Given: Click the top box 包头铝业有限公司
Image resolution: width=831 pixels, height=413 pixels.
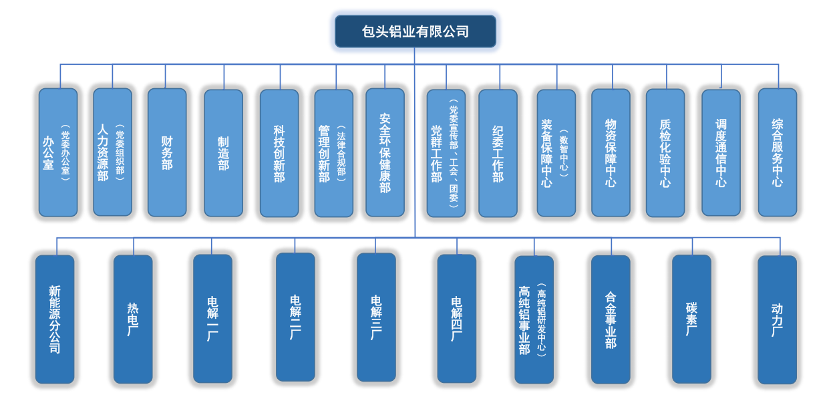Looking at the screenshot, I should [415, 31].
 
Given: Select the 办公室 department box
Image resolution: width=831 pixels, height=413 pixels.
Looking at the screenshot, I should [57, 152].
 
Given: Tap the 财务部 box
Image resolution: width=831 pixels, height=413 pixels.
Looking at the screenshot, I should [167, 152].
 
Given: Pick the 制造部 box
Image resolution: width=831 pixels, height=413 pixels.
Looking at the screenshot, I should [223, 152].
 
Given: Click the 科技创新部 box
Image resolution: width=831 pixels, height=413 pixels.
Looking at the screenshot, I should [279, 152].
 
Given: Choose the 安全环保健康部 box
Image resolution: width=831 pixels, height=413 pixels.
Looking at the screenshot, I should [385, 152].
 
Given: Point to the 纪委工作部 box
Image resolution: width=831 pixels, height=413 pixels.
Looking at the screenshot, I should [498, 153].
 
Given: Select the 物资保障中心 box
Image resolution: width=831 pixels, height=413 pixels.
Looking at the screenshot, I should [611, 153].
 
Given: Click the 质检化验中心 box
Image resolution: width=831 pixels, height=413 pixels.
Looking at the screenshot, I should [665, 153].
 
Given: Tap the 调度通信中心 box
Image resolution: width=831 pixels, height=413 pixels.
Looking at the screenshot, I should [721, 152].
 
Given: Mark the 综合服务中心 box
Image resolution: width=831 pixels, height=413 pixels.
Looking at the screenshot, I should [777, 152].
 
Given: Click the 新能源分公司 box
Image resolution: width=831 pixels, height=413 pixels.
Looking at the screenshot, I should [55, 319].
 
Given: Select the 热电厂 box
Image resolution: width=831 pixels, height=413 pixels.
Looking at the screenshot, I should [133, 319].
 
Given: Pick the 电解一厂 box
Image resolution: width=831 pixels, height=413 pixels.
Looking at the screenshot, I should [212, 318].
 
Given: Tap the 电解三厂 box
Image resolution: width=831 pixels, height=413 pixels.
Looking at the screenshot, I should [376, 317].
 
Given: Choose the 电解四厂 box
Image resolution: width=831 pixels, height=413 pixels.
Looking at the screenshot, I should [457, 318].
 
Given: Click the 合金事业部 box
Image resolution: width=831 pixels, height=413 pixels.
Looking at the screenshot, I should [611, 319].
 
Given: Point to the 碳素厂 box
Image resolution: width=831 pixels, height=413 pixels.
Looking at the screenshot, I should [691, 319].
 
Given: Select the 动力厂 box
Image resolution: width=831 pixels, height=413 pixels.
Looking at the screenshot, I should [777, 319].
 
